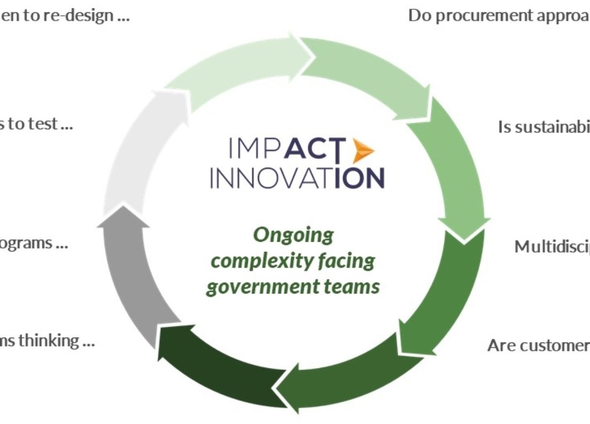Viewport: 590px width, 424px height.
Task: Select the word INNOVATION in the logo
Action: click(297, 178)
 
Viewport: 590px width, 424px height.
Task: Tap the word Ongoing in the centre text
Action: click(293, 235)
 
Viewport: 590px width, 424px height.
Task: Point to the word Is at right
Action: click(505, 127)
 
